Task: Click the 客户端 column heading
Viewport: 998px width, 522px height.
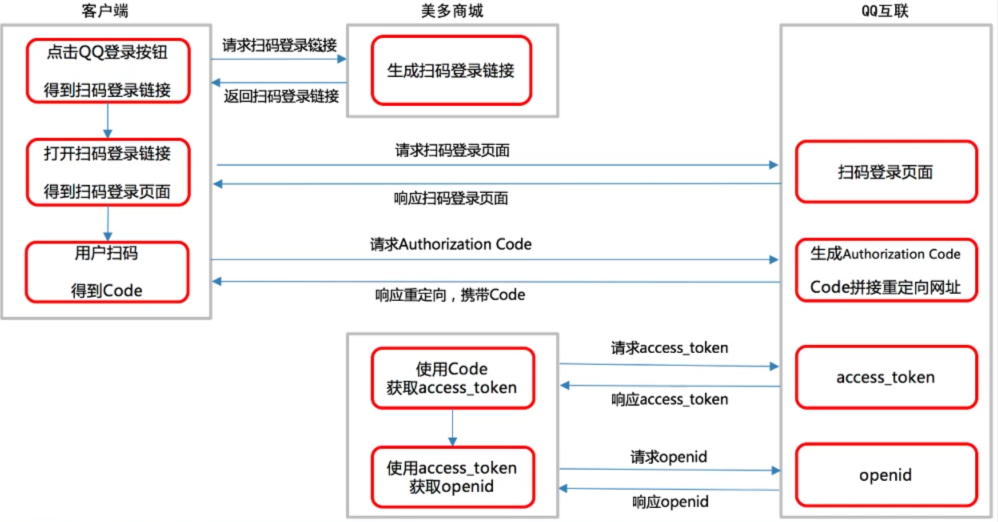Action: click(105, 11)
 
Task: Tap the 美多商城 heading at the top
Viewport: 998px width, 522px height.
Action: click(452, 11)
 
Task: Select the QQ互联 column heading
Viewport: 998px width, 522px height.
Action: click(885, 11)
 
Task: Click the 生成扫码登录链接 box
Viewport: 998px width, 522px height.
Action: click(452, 71)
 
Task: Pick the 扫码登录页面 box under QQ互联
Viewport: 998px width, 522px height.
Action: click(886, 172)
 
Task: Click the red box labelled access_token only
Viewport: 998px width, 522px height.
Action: click(886, 377)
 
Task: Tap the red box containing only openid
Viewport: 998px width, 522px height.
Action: click(886, 475)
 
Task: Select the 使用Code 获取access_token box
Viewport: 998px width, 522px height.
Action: click(452, 378)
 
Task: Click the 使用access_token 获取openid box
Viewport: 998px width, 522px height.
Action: click(452, 477)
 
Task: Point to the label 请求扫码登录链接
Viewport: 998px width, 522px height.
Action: click(279, 45)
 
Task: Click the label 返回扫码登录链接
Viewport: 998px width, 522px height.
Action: click(281, 96)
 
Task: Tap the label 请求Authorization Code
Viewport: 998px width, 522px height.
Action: click(451, 245)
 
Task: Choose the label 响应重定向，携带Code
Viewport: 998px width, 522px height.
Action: click(450, 295)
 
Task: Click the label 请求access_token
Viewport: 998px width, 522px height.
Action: click(670, 348)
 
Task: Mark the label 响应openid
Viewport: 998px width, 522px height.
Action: click(671, 502)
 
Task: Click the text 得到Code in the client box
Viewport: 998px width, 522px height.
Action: click(107, 290)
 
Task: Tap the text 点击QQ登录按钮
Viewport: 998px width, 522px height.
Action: click(107, 52)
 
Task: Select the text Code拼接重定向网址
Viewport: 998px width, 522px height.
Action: click(885, 287)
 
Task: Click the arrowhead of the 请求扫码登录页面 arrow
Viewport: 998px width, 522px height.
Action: click(773, 165)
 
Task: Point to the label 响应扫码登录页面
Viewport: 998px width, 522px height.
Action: click(451, 199)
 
